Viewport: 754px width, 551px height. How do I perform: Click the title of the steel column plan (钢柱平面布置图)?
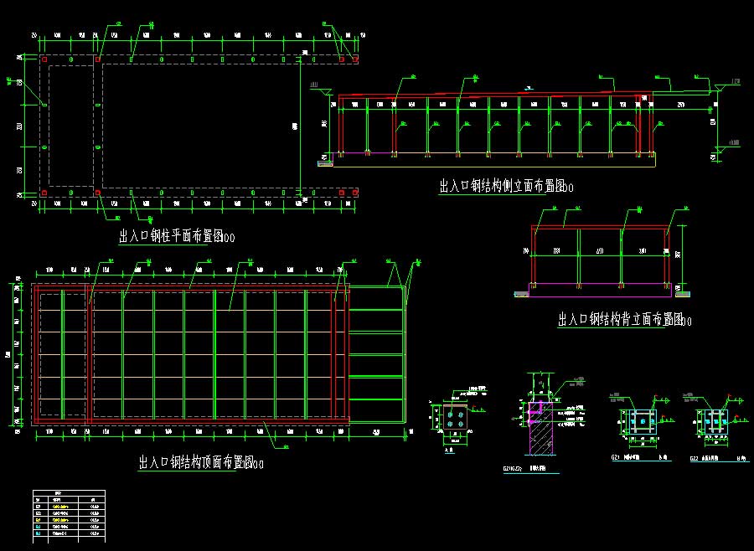(x=176, y=237)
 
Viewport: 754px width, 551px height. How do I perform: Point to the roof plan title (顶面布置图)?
(x=201, y=462)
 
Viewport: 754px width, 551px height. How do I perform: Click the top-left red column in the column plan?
(x=44, y=59)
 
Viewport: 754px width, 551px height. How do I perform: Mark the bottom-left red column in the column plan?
(x=44, y=193)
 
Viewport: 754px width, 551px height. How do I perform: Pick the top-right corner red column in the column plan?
(x=354, y=59)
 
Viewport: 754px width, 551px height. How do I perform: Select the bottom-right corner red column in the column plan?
(x=354, y=193)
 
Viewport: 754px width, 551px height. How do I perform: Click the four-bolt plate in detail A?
(x=455, y=420)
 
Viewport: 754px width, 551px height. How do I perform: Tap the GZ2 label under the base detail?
(x=694, y=459)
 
